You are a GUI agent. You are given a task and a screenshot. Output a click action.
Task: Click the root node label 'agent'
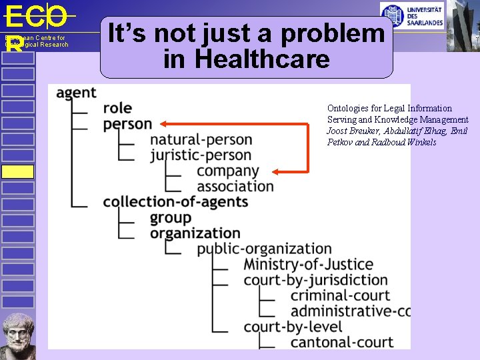click(x=76, y=93)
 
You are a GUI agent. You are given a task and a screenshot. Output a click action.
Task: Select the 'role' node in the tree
click(x=117, y=109)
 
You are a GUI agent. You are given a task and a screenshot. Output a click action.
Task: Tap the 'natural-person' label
click(x=201, y=140)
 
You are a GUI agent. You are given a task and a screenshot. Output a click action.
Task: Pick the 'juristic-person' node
click(x=201, y=155)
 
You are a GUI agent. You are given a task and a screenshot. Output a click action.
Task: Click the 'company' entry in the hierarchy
click(x=227, y=171)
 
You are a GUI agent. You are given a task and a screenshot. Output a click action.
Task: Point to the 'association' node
click(x=235, y=187)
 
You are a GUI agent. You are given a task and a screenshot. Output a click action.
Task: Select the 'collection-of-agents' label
click(x=175, y=202)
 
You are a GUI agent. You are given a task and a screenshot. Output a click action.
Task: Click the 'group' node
click(x=171, y=218)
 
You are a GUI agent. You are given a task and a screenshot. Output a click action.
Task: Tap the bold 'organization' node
click(x=195, y=233)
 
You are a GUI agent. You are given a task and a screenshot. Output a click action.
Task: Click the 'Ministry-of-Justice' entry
click(x=308, y=265)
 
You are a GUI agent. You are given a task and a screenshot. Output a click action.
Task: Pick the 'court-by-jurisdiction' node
click(x=315, y=280)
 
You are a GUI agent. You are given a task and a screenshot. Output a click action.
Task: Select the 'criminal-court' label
click(x=340, y=295)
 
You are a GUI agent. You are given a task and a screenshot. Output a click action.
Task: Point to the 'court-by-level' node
click(x=293, y=327)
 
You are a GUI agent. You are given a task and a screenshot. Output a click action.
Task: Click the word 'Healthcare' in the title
click(x=246, y=59)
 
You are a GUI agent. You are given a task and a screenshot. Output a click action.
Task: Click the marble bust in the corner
click(x=17, y=337)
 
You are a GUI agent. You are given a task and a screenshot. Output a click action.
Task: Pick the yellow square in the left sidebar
click(x=17, y=171)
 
